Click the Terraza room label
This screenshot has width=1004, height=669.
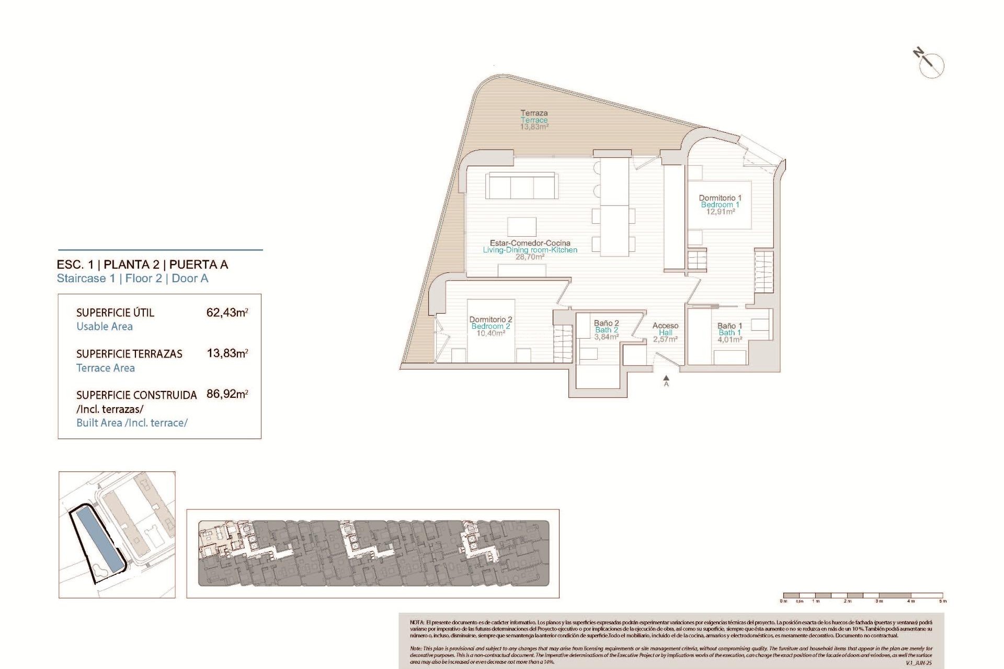pos(534,113)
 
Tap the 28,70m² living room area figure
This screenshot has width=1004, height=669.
pos(530,257)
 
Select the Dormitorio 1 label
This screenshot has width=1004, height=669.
pos(720,198)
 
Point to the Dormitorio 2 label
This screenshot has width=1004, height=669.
pos(490,319)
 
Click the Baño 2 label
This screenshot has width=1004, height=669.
pos(606,324)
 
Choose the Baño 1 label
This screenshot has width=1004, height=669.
pos(729,326)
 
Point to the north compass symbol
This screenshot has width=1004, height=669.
pos(930,64)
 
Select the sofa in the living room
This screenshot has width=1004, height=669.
pos(521,186)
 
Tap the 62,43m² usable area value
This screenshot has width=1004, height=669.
pos(227,313)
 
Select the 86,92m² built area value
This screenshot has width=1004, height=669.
pos(227,394)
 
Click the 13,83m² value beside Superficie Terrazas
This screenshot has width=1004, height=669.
pos(227,353)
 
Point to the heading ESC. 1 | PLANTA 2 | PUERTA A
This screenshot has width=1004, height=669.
pos(142,264)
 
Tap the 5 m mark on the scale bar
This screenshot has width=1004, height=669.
pos(942,601)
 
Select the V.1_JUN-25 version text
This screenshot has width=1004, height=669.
pos(919,663)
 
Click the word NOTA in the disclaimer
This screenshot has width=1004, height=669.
pos(417,622)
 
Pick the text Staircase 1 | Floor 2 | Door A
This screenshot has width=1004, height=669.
pos(132,279)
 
